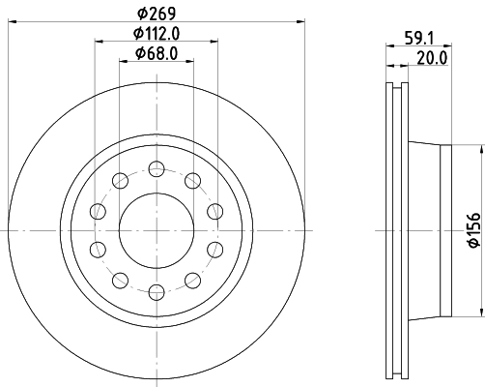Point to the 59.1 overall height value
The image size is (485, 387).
pos(417,40)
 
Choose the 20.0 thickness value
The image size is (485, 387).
pos(429,57)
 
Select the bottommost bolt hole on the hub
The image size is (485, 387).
pos(156,290)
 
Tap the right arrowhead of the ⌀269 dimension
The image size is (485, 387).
pos(300,23)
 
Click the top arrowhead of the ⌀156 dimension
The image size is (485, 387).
pos(480,150)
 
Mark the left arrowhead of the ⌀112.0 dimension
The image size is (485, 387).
pos(100,42)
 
